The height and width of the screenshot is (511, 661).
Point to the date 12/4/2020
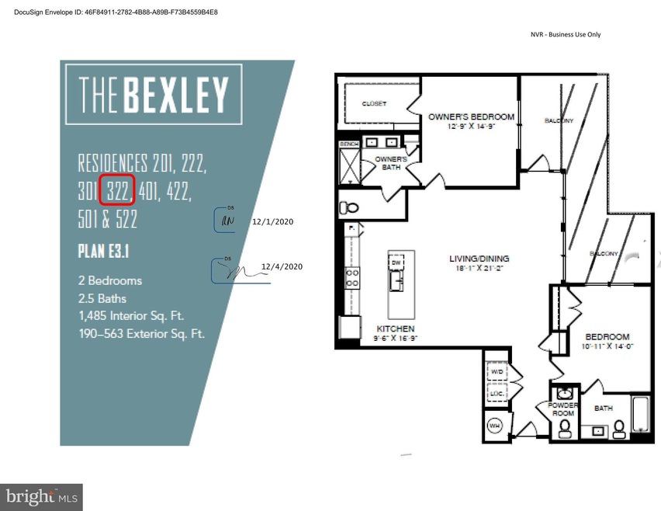pos(282,266)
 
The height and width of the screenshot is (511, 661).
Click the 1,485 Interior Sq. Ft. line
pos(135,316)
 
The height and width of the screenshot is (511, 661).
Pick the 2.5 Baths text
pos(102,298)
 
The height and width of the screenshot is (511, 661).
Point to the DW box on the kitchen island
pos(396,263)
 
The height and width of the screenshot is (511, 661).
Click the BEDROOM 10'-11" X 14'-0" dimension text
pos(606,346)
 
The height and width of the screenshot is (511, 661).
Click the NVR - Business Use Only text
pos(565,34)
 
